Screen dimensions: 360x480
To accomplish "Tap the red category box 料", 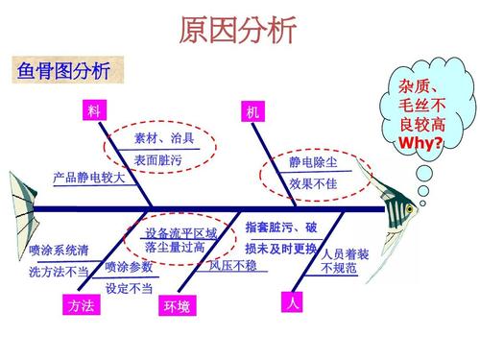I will pyautogui.click(x=93, y=111).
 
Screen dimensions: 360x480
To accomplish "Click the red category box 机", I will pyautogui.click(x=252, y=112).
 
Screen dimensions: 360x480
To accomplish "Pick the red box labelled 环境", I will pyautogui.click(x=177, y=306).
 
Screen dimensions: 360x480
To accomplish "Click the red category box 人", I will pyautogui.click(x=294, y=303).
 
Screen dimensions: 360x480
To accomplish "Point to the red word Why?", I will pyautogui.click(x=420, y=143).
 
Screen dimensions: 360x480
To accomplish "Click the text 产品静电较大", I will pyautogui.click(x=88, y=178).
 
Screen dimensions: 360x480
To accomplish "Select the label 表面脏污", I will pyautogui.click(x=157, y=159).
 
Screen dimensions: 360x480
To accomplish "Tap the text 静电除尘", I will pyautogui.click(x=313, y=163).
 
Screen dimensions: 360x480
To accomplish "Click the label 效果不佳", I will pyautogui.click(x=313, y=183).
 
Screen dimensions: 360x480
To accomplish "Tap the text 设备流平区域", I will pyautogui.click(x=180, y=233).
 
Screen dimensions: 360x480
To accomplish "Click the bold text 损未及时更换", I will pyautogui.click(x=280, y=248).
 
